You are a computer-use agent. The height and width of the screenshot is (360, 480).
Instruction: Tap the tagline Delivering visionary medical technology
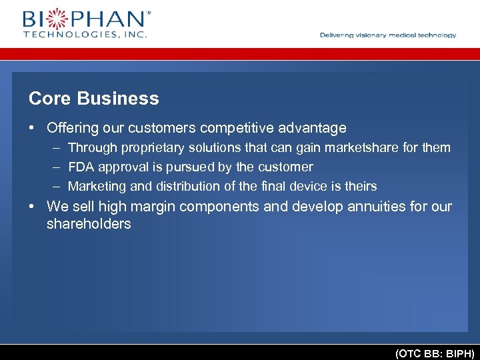tap(388, 35)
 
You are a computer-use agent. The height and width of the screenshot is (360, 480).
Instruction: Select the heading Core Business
tap(94, 99)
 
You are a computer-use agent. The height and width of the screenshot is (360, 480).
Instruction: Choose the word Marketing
tap(97, 187)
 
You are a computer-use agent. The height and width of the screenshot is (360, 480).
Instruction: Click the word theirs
tap(359, 186)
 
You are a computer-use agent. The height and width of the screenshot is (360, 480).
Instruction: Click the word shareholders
tap(89, 224)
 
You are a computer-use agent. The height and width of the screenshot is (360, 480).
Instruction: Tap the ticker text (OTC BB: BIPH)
tap(435, 353)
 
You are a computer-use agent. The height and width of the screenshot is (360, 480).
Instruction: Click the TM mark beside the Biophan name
tap(148, 12)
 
